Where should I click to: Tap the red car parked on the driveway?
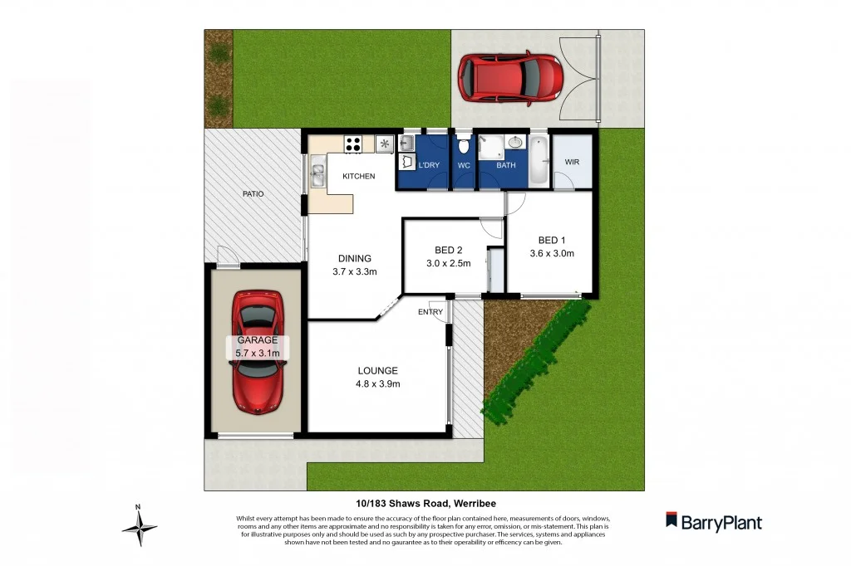point(509,77)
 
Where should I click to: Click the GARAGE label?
point(258,340)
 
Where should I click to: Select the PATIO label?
point(253,193)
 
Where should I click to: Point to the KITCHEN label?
point(358,176)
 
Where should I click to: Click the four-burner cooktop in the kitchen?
point(353,144)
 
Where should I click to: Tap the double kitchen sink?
point(317,174)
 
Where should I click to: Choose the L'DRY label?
point(429,165)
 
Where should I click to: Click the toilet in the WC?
point(464,147)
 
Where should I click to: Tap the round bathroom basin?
point(516,142)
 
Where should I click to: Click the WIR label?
point(572,162)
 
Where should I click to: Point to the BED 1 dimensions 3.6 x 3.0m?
point(552,254)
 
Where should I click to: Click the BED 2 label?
point(448,250)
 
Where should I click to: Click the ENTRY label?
point(430,312)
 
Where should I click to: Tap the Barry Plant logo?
point(713,522)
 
